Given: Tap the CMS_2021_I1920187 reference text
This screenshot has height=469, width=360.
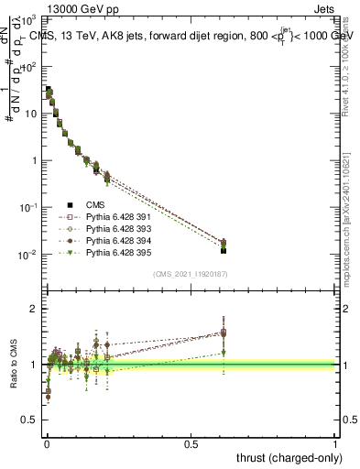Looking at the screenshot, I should click(190, 273).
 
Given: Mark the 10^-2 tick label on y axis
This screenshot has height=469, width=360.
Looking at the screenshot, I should click(30, 254).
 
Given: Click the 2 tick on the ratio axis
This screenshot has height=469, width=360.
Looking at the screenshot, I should click(35, 309).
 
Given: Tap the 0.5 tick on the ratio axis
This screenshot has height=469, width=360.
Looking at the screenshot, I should click(31, 420).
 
